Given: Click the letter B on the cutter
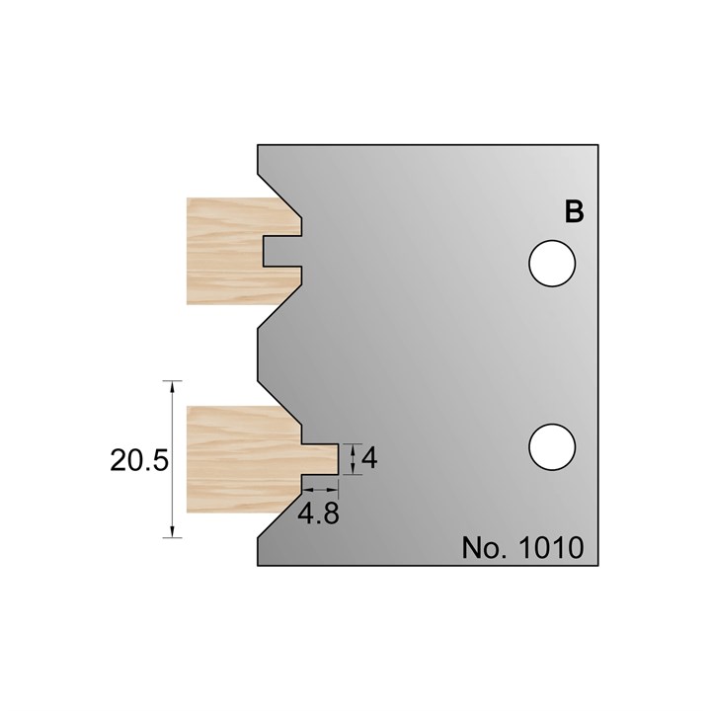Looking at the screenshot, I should pyautogui.click(x=574, y=211).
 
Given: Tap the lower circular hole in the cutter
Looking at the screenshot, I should pyautogui.click(x=552, y=447).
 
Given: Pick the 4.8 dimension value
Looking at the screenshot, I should pyautogui.click(x=321, y=515).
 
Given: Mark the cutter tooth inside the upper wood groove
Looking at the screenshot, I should pyautogui.click(x=281, y=251).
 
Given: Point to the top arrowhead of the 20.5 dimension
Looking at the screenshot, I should pyautogui.click(x=174, y=385).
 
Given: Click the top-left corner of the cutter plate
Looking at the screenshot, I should pyautogui.click(x=259, y=147).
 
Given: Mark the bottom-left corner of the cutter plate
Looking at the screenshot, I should pyautogui.click(x=259, y=564).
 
